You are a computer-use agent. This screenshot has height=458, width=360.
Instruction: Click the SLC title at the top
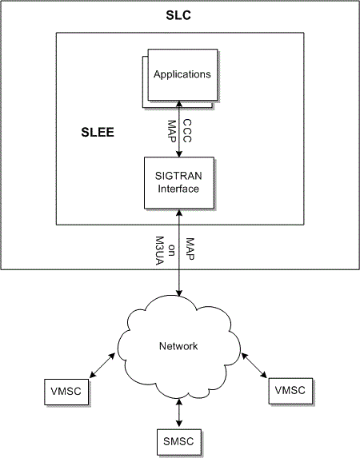[x=179, y=16]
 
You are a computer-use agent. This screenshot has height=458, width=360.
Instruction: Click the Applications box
[x=182, y=75]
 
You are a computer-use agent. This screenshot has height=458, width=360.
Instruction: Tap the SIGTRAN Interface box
[x=182, y=181]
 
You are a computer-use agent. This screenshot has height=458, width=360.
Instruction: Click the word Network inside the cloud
[x=177, y=346]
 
